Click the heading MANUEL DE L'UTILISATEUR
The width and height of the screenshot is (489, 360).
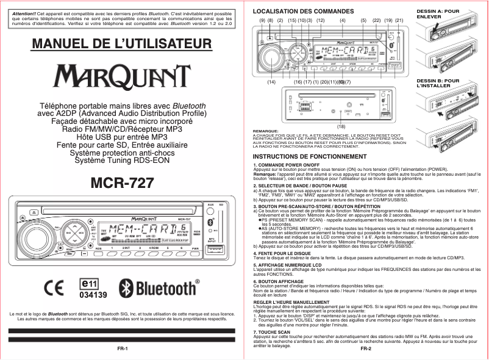click(x=122, y=45)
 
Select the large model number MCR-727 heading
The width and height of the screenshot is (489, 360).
click(x=123, y=182)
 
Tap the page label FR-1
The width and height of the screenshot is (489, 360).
click(x=122, y=348)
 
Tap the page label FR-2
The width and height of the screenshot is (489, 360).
click(x=366, y=350)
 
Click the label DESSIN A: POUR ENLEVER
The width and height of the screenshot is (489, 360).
click(x=438, y=13)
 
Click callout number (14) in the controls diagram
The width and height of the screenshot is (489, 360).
click(x=272, y=82)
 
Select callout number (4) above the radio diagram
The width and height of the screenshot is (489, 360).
click(x=343, y=21)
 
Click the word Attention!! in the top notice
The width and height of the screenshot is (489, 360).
click(x=24, y=13)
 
